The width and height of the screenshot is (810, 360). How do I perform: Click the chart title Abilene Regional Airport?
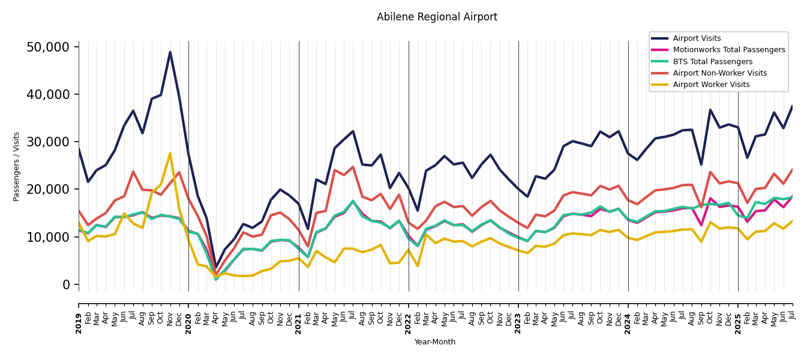pos(437,17)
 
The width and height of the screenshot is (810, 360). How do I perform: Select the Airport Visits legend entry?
pos(697,38)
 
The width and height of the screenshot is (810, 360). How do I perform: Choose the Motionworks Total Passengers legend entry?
pos(728,50)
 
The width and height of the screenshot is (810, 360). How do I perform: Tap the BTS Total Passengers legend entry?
pos(712,62)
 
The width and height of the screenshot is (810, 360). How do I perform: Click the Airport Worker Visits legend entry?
pos(711,85)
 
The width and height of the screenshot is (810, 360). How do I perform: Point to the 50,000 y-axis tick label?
pos(52,47)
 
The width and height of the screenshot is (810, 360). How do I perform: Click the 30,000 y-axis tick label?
pos(52,142)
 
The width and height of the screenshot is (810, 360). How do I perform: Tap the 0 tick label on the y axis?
pos(66,284)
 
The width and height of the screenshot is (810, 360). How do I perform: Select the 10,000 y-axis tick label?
pos(52,237)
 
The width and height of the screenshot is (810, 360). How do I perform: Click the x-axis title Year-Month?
pos(435,342)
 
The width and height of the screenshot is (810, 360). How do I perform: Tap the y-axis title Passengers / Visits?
pos(17,166)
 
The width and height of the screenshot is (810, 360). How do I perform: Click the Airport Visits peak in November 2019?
pos(170,52)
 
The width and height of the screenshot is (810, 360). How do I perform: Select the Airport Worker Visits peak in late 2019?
pos(170,154)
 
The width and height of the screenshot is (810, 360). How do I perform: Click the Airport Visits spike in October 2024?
pos(710,110)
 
